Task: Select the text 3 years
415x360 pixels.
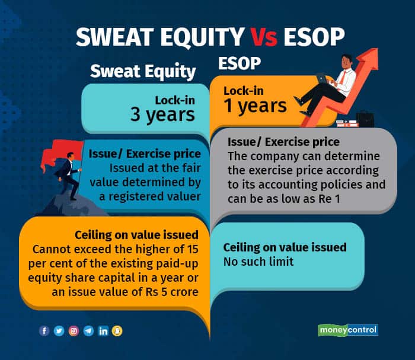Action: [163, 114]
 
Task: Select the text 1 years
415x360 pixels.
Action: [255, 106]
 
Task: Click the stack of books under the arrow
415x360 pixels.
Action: [346, 123]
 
